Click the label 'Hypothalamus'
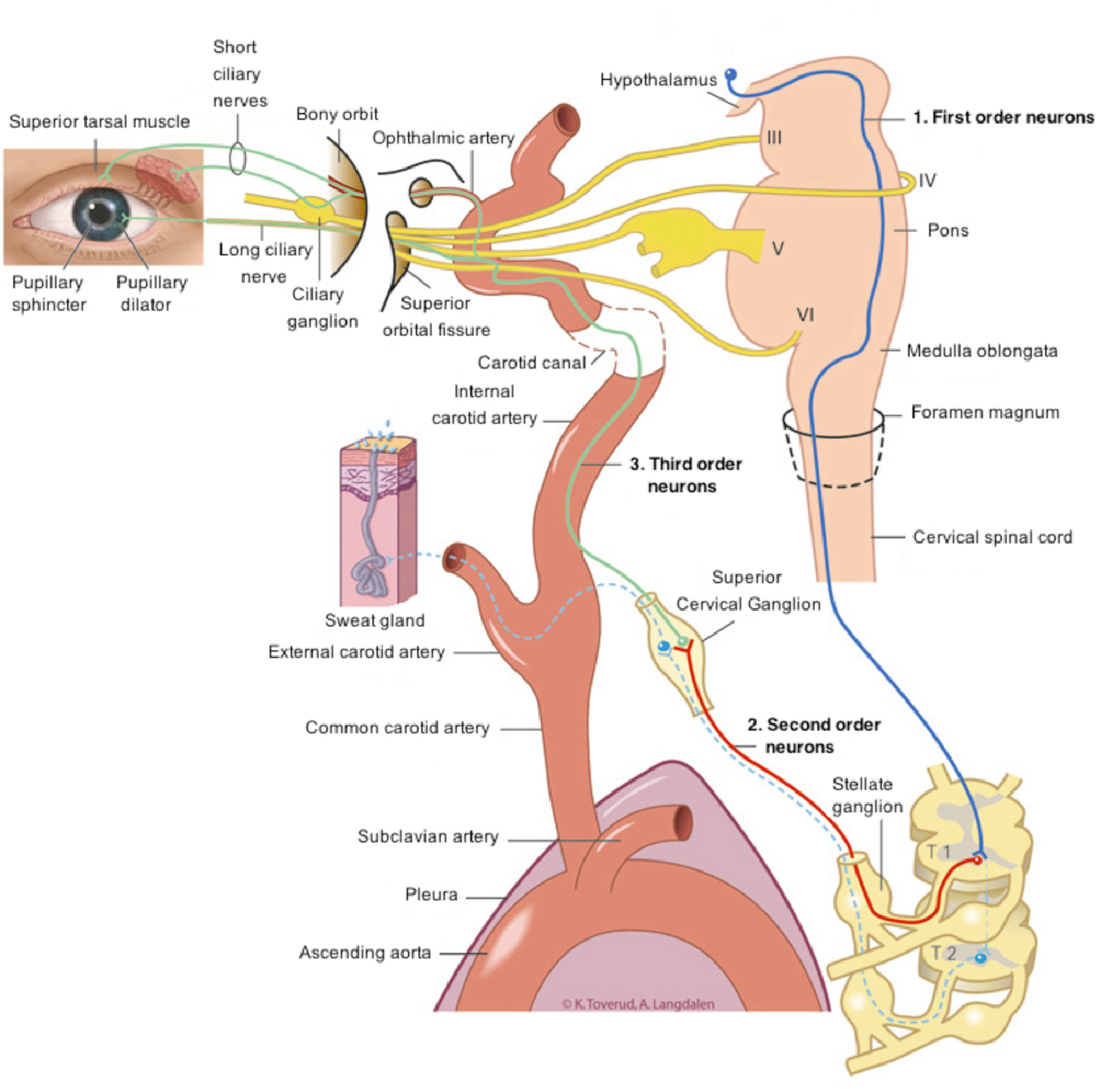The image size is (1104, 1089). [658, 80]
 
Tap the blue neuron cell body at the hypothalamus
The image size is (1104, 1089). [731, 75]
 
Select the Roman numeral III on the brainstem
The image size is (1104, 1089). [773, 137]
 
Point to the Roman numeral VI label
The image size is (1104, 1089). [805, 315]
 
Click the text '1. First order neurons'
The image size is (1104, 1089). [1003, 117]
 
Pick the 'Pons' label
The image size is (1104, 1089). [948, 231]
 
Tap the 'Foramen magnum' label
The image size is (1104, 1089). [985, 413]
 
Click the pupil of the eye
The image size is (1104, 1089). [101, 212]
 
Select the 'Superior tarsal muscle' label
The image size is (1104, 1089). [100, 122]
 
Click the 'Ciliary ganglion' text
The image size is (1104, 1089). [321, 307]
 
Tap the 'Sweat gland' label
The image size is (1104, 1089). [374, 621]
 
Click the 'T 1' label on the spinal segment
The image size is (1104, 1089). [939, 852]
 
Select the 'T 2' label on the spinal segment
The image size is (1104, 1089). [943, 953]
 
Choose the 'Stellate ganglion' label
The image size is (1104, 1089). [865, 795]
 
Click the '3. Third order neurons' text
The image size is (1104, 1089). [685, 475]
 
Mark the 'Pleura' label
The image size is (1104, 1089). [431, 895]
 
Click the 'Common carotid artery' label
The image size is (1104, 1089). [397, 728]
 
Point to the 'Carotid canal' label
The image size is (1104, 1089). [532, 363]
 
